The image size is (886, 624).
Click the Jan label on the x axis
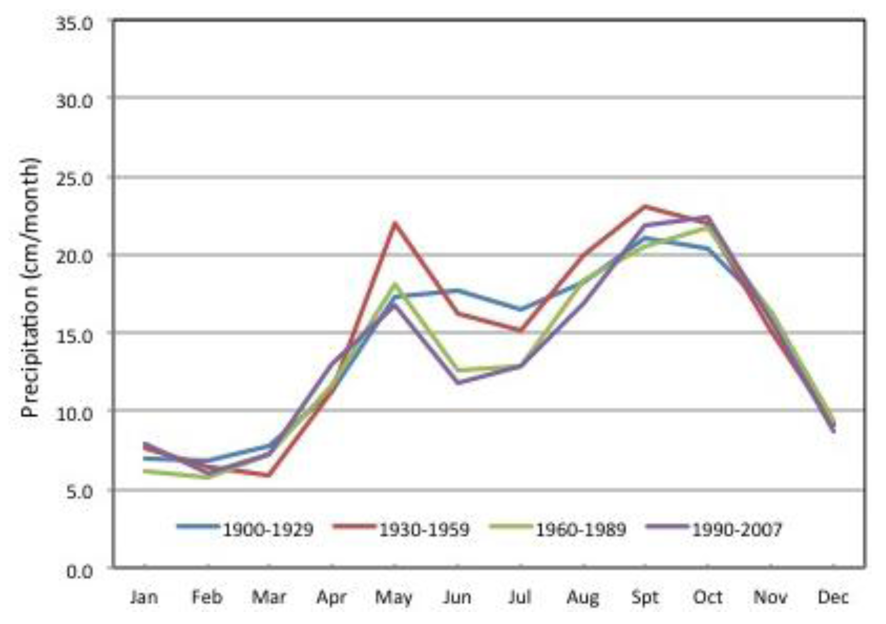(144, 597)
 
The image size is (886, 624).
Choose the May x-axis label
(394, 597)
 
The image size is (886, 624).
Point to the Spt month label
(645, 597)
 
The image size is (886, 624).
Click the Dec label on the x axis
(833, 597)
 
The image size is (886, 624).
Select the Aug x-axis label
(583, 597)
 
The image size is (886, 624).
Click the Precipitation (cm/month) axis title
(31, 288)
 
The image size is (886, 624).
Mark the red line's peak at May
(394, 223)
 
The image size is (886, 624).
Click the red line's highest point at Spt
(645, 206)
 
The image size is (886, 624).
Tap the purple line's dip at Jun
(458, 383)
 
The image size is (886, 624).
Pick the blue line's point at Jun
(458, 290)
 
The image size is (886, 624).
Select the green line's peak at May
(394, 285)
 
